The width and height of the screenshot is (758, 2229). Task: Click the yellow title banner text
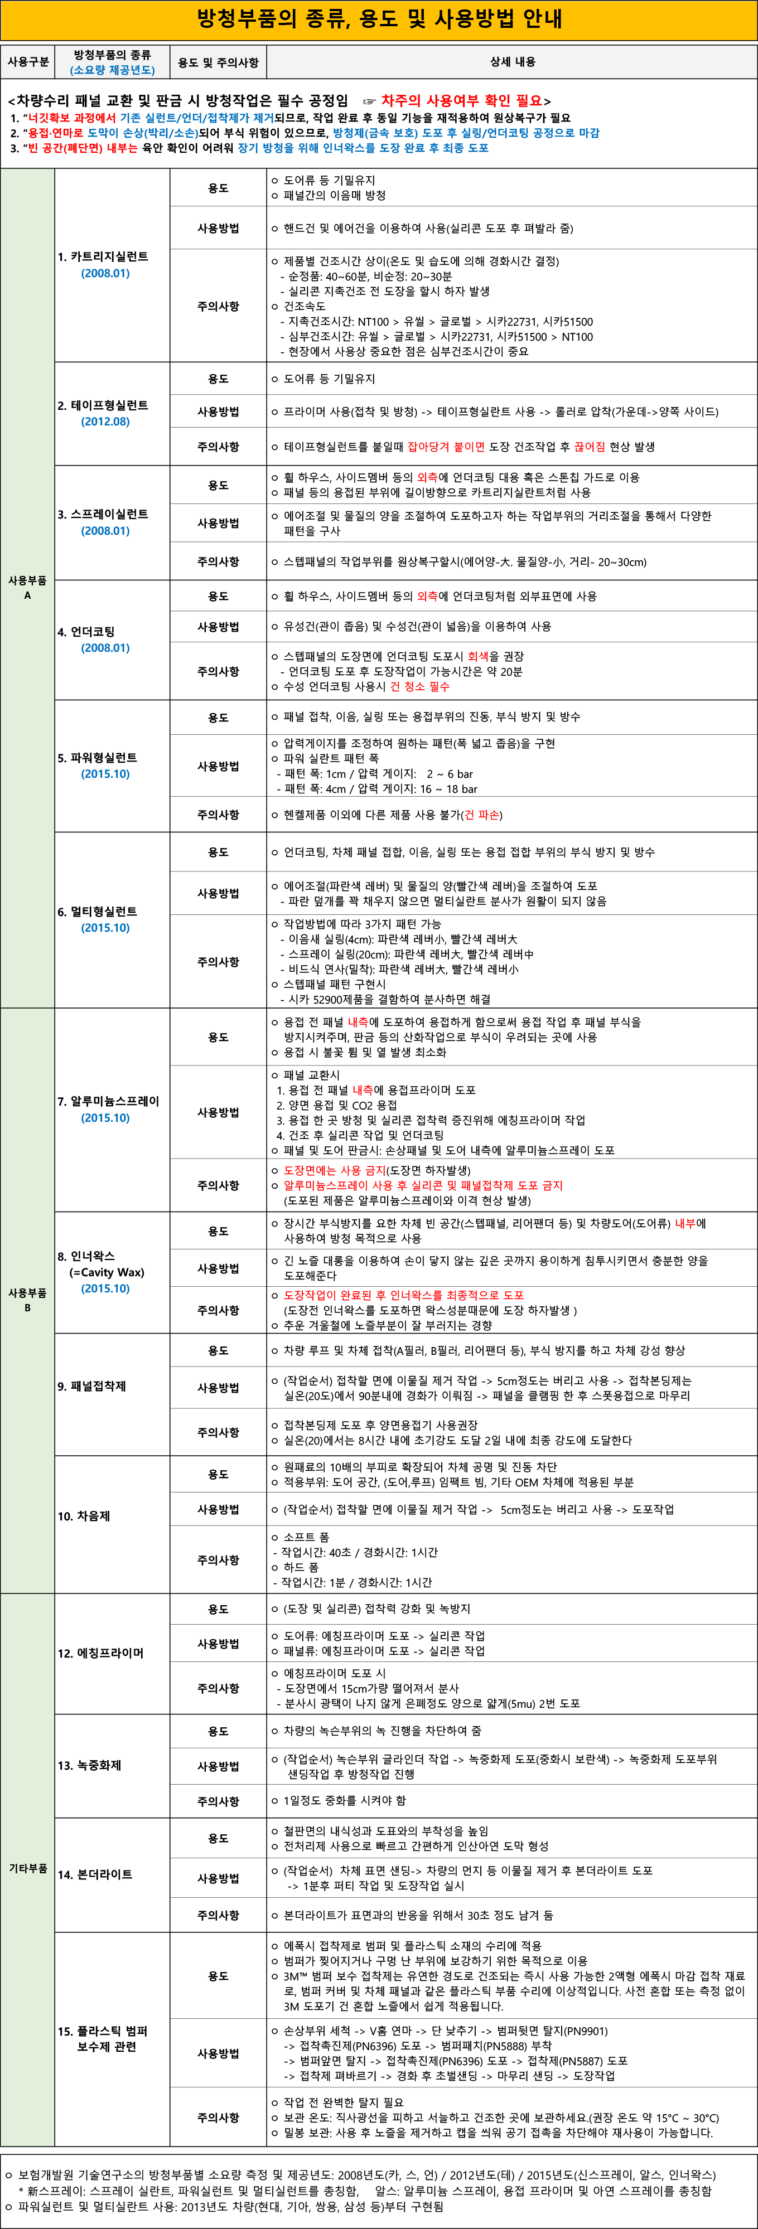pyautogui.click(x=379, y=19)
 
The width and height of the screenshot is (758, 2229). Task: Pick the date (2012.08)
pyautogui.click(x=105, y=422)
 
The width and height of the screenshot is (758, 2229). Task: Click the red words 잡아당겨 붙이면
pyautogui.click(x=446, y=447)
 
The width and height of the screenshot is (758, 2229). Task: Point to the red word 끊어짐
pyautogui.click(x=589, y=447)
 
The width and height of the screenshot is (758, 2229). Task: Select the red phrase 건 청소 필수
pyautogui.click(x=419, y=687)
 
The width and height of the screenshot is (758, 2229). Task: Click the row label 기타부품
pyautogui.click(x=28, y=1869)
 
